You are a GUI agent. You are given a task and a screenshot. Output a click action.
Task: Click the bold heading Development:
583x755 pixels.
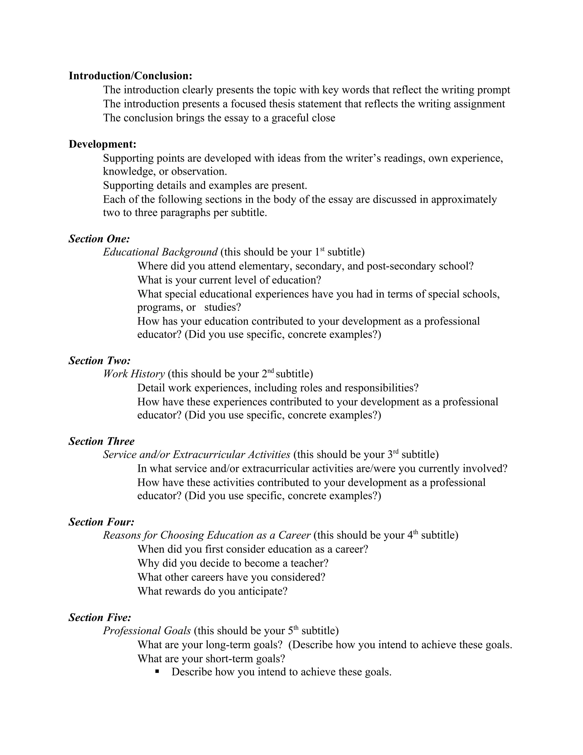point(102,144)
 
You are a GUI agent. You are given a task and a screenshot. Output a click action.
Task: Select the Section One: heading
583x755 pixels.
point(99,238)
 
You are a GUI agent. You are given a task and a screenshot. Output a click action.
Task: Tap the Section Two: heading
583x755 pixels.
point(99,361)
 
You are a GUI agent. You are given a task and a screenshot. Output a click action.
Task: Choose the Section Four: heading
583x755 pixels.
point(101,522)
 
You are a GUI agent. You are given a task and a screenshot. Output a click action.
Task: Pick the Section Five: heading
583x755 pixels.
point(100,617)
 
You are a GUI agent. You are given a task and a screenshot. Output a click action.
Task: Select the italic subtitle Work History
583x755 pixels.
point(134,374)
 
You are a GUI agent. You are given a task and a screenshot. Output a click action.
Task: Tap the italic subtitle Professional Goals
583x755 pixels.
point(147,630)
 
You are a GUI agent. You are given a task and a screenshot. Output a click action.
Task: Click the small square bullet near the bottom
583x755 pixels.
point(157,671)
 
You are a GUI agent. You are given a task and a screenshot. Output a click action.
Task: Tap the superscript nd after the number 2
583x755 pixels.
point(271,371)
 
